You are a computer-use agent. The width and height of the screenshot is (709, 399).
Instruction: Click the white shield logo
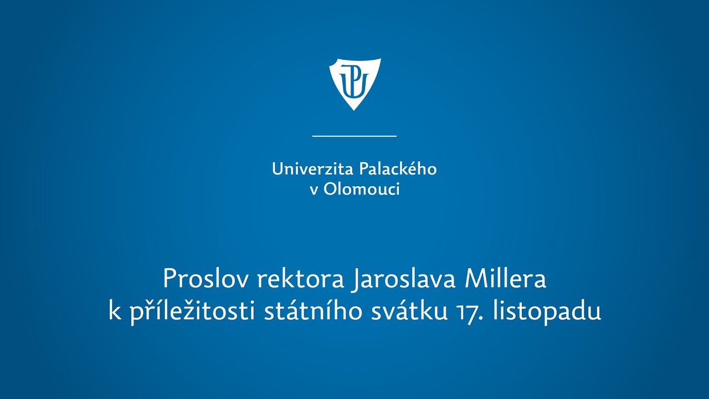point(355,84)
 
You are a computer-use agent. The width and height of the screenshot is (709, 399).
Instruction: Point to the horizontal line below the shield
point(354,136)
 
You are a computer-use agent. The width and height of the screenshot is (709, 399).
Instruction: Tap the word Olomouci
point(362,189)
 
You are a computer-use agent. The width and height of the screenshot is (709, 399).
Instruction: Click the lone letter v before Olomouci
point(314,191)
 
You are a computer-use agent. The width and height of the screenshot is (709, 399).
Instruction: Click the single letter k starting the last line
point(115,311)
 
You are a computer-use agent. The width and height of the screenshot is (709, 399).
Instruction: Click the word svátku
point(409,311)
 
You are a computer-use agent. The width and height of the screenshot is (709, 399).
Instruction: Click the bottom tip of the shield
point(354,110)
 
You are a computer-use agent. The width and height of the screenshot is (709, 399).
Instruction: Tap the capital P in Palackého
point(363,169)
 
